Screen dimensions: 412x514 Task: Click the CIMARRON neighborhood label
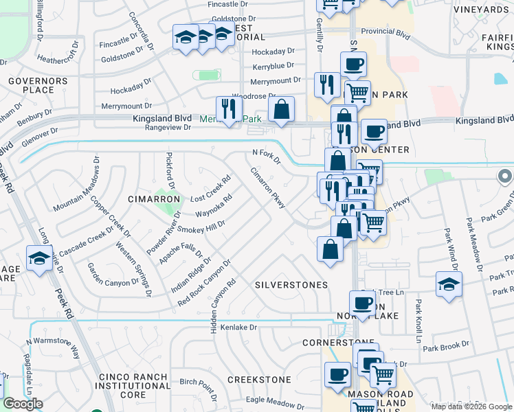click(154, 199)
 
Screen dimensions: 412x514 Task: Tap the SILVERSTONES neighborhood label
click(291, 284)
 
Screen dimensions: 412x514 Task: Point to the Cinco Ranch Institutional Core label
click(133, 386)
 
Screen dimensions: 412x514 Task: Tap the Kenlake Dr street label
click(238, 328)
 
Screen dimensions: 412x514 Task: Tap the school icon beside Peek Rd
click(39, 258)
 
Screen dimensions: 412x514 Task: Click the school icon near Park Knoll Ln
click(449, 284)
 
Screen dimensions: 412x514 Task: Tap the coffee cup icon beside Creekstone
click(337, 375)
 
